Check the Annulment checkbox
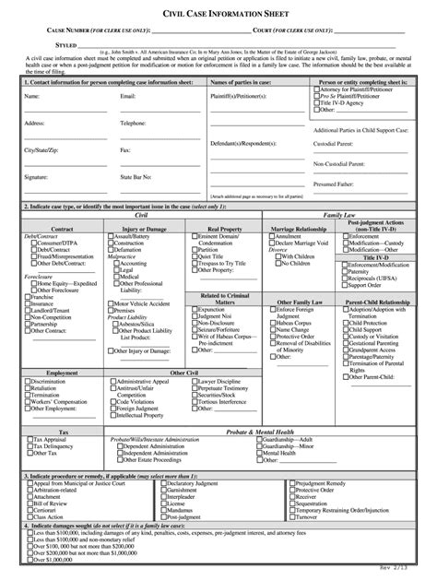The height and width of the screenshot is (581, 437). pos(270,236)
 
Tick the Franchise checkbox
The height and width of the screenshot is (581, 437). pos(27,298)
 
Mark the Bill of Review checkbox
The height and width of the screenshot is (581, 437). pos(27,504)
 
